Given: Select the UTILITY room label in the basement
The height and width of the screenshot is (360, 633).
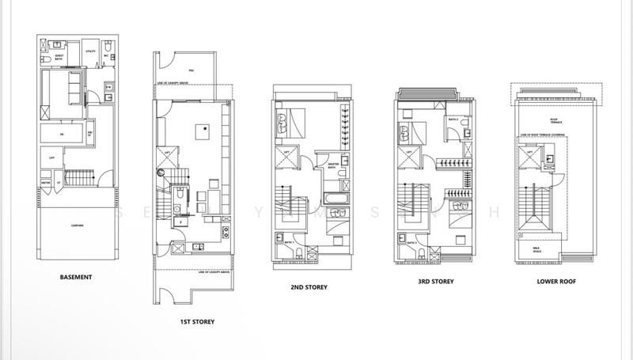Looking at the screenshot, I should [x=90, y=50].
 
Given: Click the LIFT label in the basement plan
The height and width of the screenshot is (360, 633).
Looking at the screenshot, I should [x=51, y=158].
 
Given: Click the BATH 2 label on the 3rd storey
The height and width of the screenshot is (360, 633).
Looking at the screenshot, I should [x=453, y=119].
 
